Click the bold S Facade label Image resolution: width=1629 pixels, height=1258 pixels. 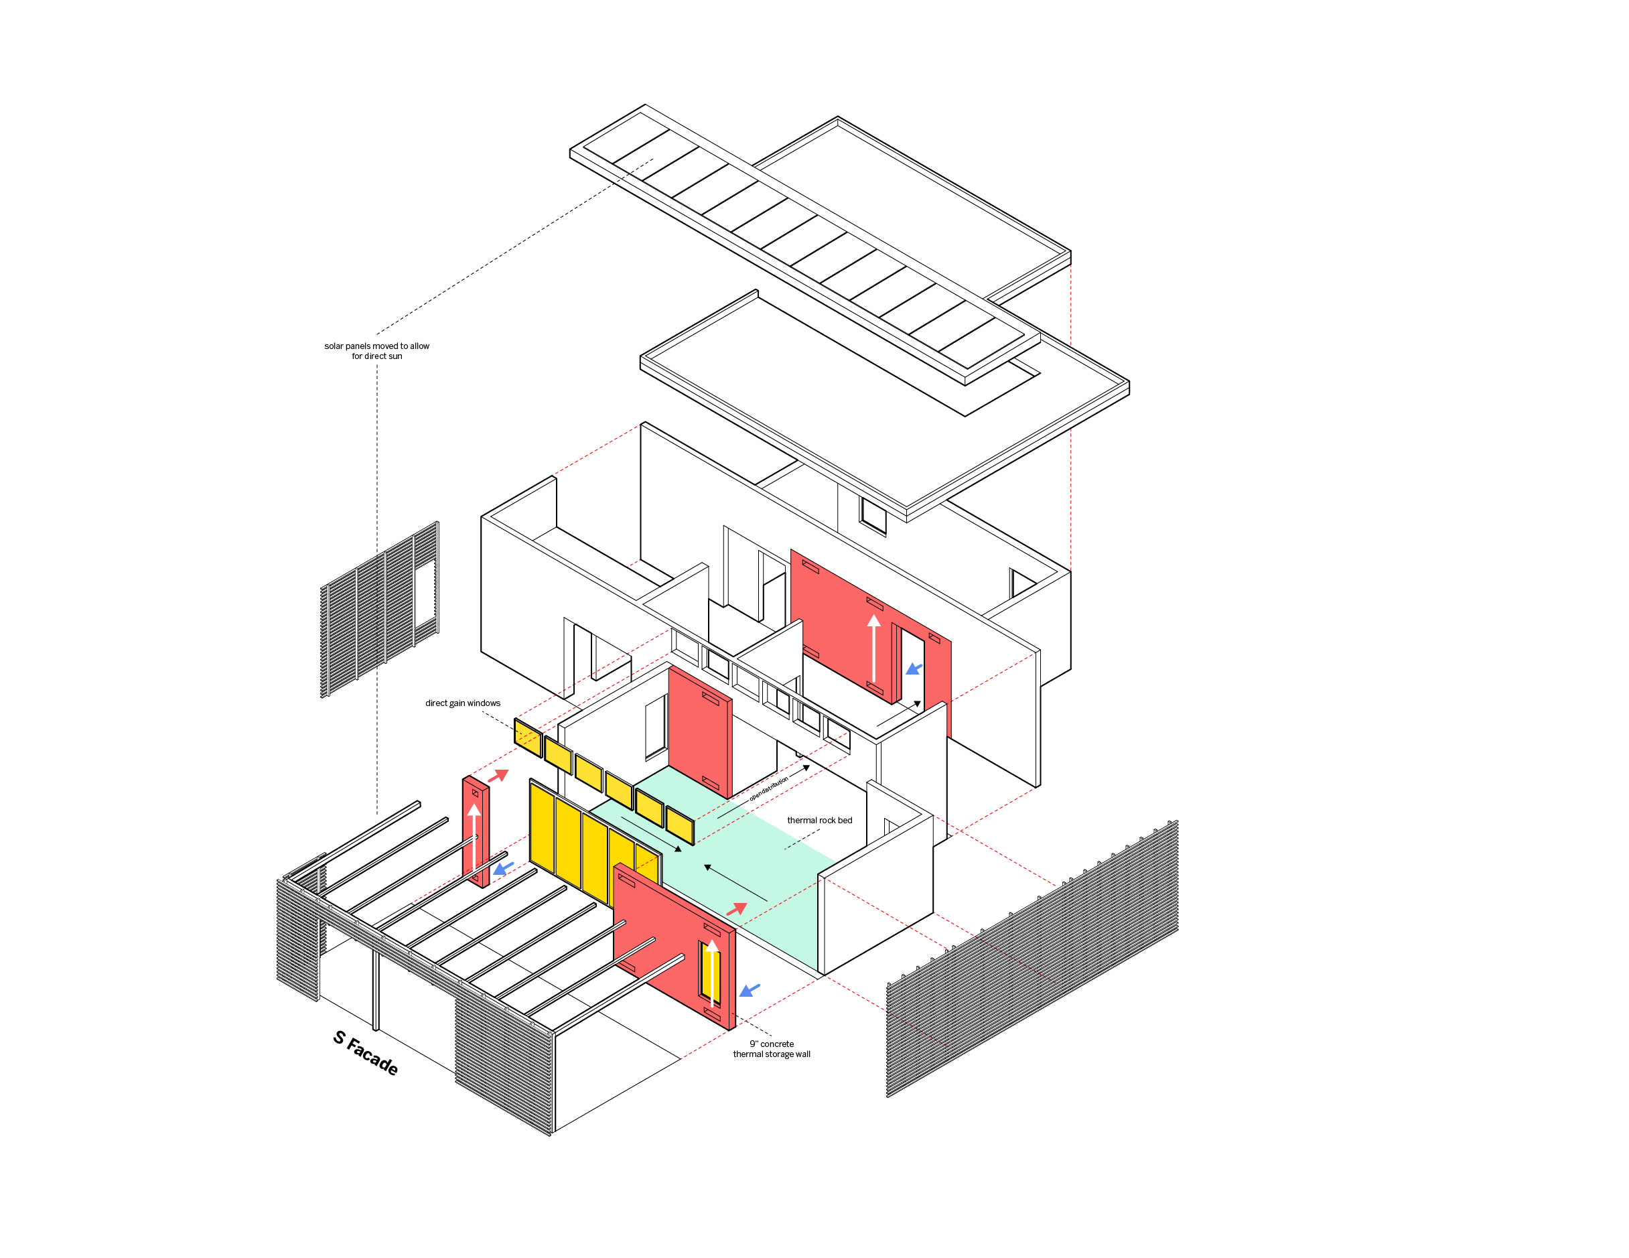[x=365, y=1052]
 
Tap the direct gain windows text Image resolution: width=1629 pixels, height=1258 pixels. [x=462, y=703]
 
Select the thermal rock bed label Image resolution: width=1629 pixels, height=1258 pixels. [x=819, y=820]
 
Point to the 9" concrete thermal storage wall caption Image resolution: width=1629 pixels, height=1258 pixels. [x=771, y=1048]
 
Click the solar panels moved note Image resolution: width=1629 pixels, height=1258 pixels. [x=376, y=351]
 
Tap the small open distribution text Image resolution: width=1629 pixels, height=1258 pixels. [x=768, y=788]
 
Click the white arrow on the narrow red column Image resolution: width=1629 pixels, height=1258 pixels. [x=474, y=836]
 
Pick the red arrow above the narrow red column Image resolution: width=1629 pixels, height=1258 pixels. [x=498, y=776]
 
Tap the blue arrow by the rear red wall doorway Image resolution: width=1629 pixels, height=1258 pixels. [x=914, y=669]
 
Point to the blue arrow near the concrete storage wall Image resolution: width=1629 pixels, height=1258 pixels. [x=749, y=990]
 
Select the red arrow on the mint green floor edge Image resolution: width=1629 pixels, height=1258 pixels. [x=736, y=909]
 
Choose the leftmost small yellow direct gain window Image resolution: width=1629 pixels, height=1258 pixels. [x=527, y=738]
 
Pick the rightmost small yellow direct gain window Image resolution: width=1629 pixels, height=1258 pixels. [x=679, y=825]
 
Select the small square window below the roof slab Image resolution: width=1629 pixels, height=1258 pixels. [x=873, y=515]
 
